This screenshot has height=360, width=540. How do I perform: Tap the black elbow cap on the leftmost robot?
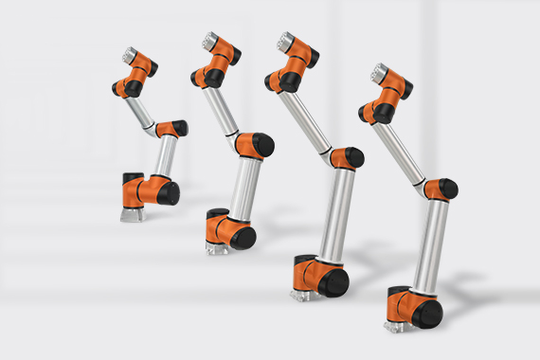tap(179, 128)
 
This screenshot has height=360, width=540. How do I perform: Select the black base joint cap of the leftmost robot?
tap(168, 194)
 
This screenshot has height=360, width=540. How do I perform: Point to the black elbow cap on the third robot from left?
tap(353, 157)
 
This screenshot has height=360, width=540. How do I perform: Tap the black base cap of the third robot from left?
tap(334, 283)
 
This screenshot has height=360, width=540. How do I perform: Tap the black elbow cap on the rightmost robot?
tap(448, 189)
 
